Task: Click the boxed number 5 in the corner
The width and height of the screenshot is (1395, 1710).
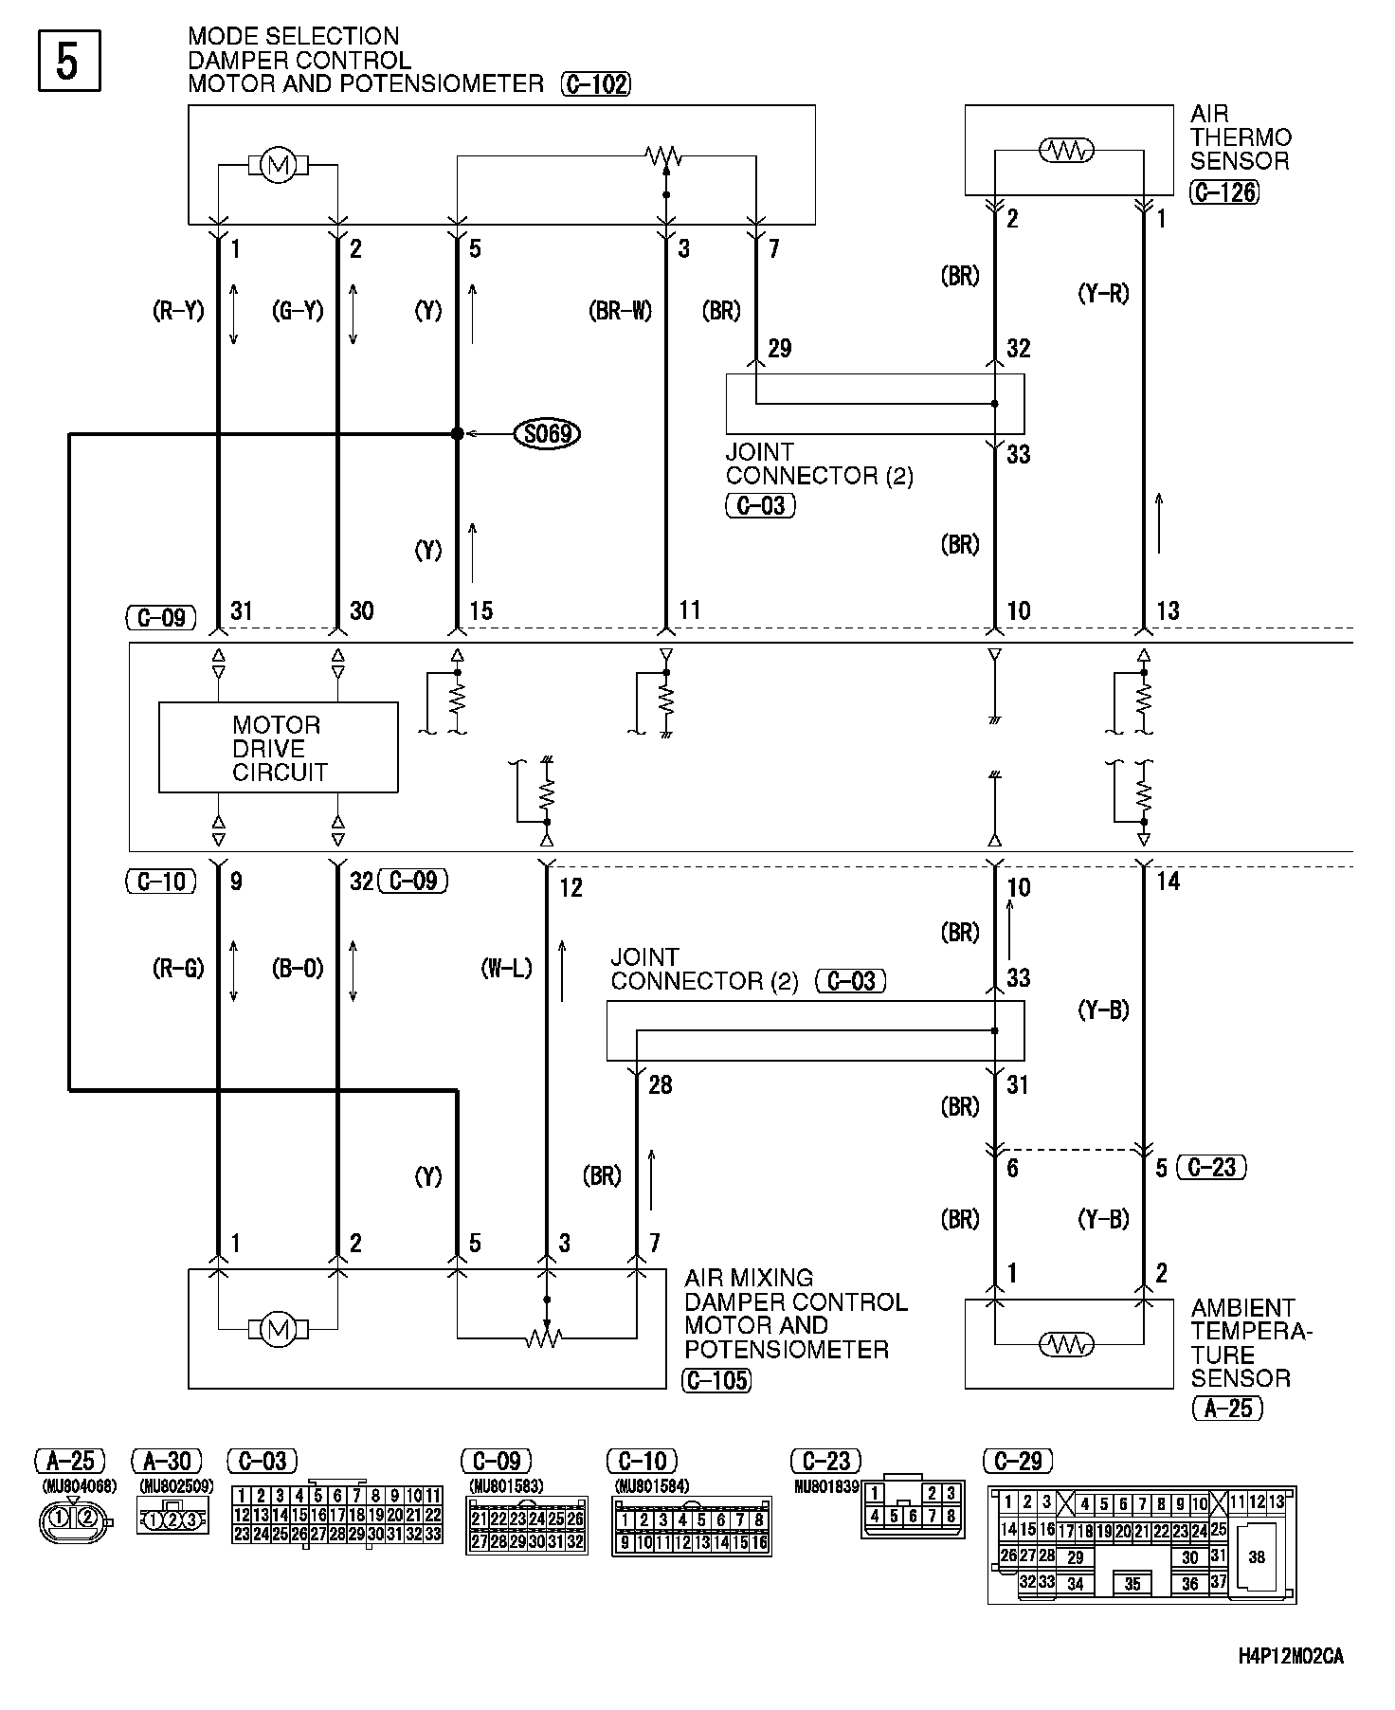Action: (x=68, y=62)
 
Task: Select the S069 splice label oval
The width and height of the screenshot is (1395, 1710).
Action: (x=547, y=434)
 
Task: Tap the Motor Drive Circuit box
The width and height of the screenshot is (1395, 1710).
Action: (x=278, y=748)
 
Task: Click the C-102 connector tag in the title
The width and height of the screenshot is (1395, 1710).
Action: (x=595, y=84)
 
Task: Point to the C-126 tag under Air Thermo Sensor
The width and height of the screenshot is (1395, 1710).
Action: (x=1224, y=192)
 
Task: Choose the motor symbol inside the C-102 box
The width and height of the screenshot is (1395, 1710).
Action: (x=278, y=167)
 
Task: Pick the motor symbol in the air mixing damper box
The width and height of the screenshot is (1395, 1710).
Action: (x=278, y=1330)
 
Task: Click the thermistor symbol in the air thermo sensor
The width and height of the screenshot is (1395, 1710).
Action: (x=1067, y=150)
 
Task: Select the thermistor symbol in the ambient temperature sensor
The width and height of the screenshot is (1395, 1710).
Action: (x=1067, y=1344)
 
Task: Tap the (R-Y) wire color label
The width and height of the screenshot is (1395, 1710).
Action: (x=178, y=311)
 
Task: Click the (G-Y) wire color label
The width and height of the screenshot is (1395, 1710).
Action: (x=298, y=311)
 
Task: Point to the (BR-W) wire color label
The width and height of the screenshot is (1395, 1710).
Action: (x=621, y=311)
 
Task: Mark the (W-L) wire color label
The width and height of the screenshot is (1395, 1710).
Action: (x=507, y=968)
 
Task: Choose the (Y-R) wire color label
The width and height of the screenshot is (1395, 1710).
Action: (x=1103, y=294)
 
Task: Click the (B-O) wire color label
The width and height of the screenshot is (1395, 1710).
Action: (x=298, y=968)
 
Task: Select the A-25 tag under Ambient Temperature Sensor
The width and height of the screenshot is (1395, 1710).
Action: (x=1227, y=1409)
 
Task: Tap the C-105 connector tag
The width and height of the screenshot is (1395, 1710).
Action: (x=716, y=1380)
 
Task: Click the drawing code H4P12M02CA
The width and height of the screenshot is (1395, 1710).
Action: (x=1290, y=1657)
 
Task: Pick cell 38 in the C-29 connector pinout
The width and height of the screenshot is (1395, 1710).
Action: (x=1257, y=1556)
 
